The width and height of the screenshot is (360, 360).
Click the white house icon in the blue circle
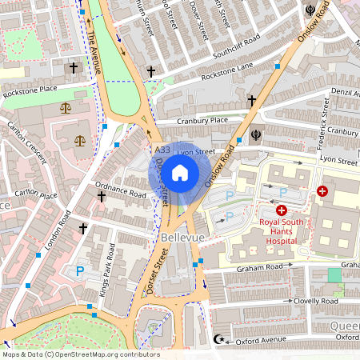point(180,172)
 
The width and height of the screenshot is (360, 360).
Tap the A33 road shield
point(162,150)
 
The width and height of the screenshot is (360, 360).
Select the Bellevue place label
point(184,238)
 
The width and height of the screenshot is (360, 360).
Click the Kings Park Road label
point(105,277)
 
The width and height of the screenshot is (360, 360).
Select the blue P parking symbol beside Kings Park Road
point(79,272)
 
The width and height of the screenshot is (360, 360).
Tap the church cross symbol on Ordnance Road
point(101,196)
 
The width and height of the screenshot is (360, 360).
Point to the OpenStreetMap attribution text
point(80,354)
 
